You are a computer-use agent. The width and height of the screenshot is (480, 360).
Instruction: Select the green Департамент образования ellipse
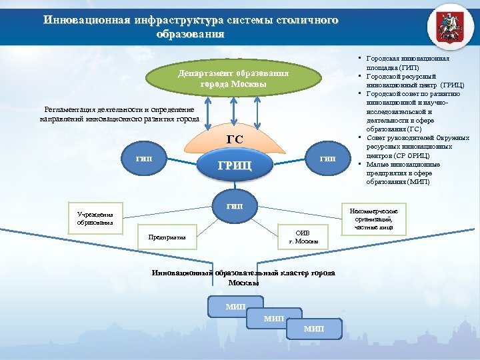click(x=233, y=79)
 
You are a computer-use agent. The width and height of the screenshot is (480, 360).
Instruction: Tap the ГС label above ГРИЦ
click(x=235, y=139)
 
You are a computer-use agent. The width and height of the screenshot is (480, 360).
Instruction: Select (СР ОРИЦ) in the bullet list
click(x=413, y=155)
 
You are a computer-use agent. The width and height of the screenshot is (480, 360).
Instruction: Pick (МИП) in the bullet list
click(x=420, y=181)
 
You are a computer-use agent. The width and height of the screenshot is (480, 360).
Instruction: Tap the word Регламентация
click(x=73, y=109)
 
